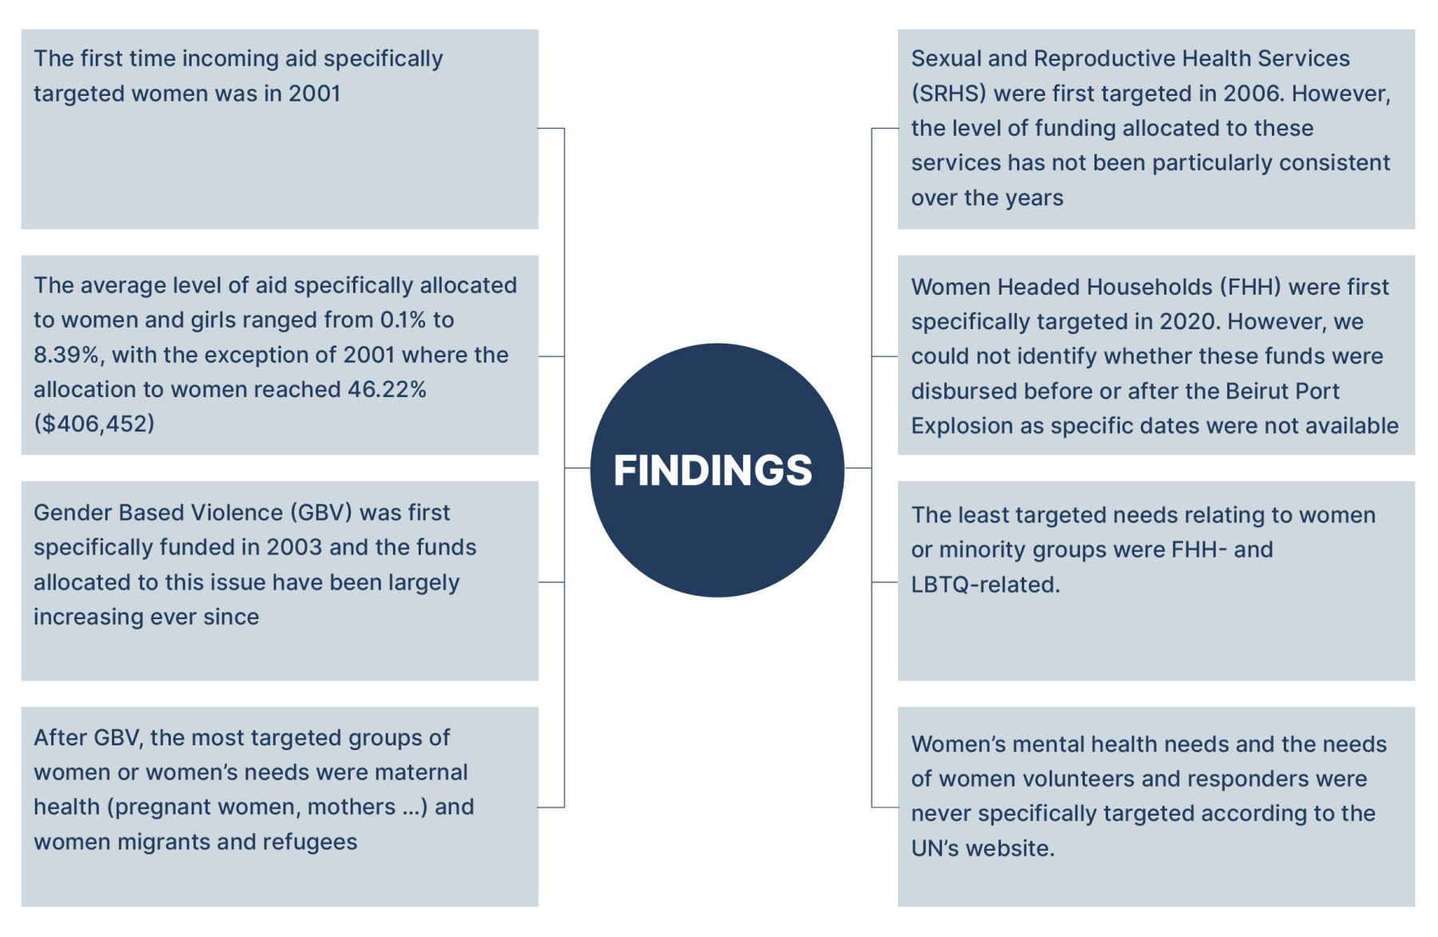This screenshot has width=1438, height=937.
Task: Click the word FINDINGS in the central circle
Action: pyautogui.click(x=713, y=470)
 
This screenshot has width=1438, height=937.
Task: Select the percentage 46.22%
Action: pyautogui.click(x=387, y=389)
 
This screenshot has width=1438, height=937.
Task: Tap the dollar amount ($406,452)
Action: pyautogui.click(x=94, y=423)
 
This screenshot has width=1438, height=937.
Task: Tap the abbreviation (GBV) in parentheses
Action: pyautogui.click(x=320, y=512)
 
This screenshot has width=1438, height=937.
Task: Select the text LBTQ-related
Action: pyautogui.click(x=985, y=585)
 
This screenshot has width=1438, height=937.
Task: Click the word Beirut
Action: pyautogui.click(x=1260, y=391)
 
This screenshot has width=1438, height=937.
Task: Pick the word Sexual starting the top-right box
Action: pyautogui.click(x=946, y=58)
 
